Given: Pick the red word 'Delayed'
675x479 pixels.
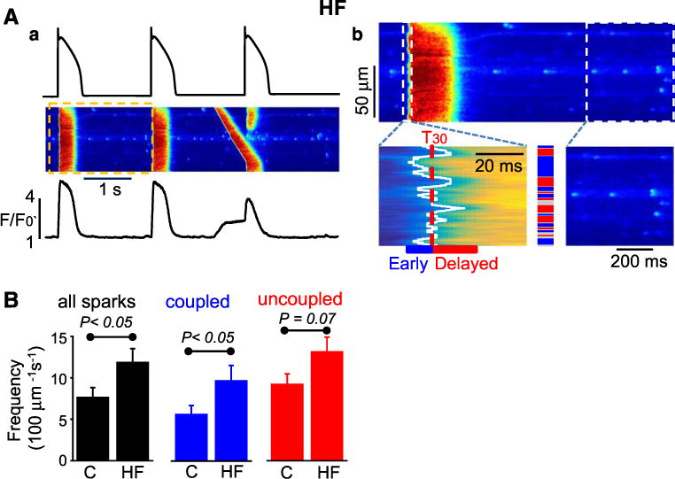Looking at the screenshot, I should click(466, 263).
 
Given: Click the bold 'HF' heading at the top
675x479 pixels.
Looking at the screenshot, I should click(333, 11).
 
